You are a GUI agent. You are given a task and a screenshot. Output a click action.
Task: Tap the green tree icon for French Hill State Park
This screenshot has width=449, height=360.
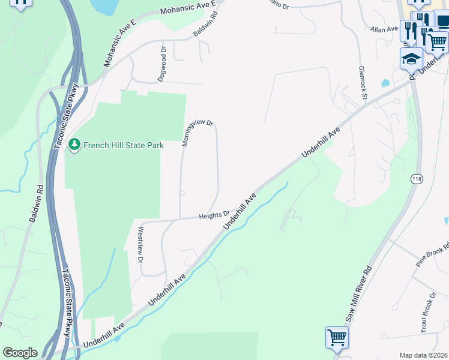(x=74, y=145)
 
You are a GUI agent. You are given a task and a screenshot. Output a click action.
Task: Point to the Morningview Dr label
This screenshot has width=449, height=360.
(x=198, y=133)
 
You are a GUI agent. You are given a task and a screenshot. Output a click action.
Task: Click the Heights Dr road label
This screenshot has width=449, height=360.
(x=214, y=214)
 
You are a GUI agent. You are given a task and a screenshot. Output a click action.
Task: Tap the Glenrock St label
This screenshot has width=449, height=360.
(x=363, y=82)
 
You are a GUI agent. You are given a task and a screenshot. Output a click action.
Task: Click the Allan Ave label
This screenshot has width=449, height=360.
(x=384, y=29)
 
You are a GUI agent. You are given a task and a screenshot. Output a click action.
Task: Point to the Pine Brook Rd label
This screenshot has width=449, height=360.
(x=433, y=254)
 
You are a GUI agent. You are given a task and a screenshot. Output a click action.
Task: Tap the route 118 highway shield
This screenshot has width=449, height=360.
(x=416, y=179)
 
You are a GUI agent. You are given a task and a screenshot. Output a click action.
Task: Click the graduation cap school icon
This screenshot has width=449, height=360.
(x=411, y=59)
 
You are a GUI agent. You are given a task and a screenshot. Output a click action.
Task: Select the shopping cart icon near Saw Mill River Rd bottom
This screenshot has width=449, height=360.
(x=337, y=338)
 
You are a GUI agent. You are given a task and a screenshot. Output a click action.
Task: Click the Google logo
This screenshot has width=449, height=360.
(x=20, y=353)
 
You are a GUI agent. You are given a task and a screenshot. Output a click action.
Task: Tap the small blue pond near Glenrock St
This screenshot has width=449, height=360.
(x=385, y=83)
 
